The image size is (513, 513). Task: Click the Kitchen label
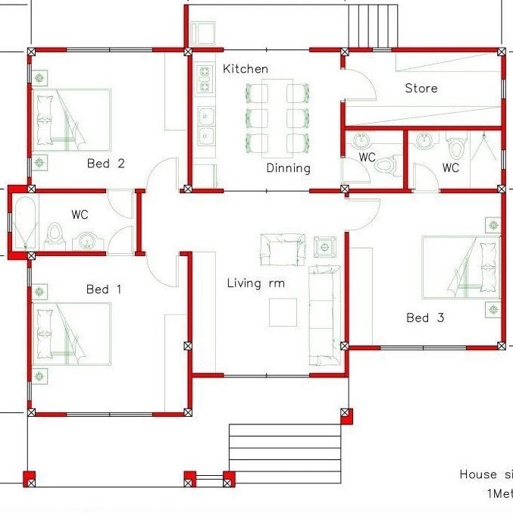[x=245, y=69]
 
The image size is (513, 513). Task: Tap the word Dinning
[x=288, y=168]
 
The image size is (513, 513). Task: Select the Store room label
[x=421, y=89]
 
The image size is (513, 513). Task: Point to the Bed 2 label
[x=105, y=163]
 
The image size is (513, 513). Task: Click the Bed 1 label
[x=104, y=289]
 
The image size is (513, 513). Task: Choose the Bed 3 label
[x=425, y=317]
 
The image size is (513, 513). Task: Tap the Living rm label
[x=255, y=283]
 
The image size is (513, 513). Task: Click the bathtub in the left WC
[x=23, y=222]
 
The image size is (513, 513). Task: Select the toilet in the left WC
[x=55, y=234]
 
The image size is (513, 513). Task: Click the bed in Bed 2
[x=72, y=117]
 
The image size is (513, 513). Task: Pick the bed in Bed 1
[x=72, y=333]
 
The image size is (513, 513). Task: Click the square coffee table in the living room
[x=283, y=311]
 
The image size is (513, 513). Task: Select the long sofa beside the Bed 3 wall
[x=324, y=314]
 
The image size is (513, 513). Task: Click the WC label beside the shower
[x=451, y=168]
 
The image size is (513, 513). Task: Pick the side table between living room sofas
[x=326, y=247]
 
